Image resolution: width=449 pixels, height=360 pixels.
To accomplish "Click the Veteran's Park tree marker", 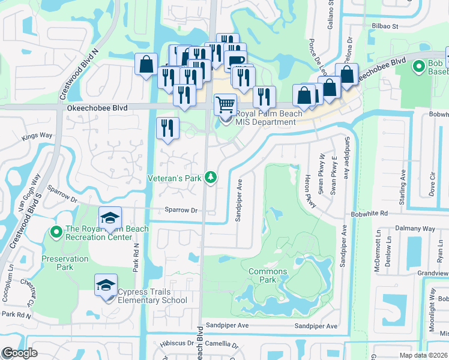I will (210, 177).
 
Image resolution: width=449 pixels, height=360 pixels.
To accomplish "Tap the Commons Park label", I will (268, 275).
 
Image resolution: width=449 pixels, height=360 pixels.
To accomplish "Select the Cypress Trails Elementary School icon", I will (106, 284).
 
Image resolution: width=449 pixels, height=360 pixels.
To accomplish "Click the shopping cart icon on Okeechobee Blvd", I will (224, 104).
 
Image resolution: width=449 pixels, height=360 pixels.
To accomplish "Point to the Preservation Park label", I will (65, 263).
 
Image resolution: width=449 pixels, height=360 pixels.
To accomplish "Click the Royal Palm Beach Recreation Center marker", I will (56, 231).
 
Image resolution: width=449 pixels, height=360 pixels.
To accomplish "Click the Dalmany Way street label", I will (415, 229).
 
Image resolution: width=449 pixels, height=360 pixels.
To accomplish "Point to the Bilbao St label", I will (387, 26).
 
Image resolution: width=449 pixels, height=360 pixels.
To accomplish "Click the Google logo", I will (20, 353).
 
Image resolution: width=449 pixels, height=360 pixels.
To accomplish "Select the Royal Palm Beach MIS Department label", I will (265, 118).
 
